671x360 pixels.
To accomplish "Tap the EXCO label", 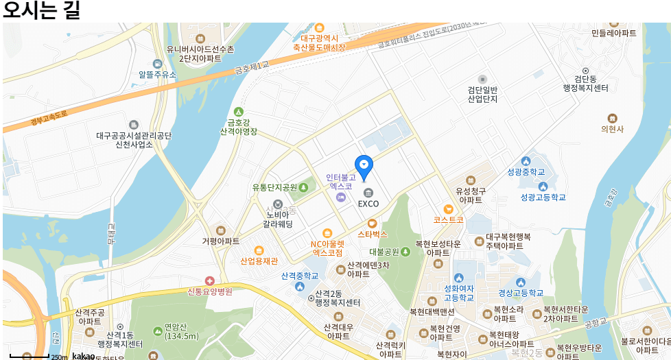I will tap(368, 204).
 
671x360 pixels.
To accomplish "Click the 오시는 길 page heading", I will tap(42, 10).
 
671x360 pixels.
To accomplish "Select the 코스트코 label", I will tap(448, 219).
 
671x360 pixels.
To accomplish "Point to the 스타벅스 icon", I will tap(373, 223).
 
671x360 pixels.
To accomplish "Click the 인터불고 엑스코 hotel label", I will tap(340, 181).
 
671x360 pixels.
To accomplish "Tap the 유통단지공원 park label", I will tap(274, 187).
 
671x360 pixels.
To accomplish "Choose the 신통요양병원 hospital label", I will tap(210, 291).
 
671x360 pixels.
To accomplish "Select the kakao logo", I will tap(83, 356).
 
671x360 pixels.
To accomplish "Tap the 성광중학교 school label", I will tap(526, 171).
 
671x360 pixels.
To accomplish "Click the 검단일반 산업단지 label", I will tap(482, 94).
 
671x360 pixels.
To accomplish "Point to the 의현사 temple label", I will tap(612, 128).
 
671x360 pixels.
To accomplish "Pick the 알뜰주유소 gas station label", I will tap(157, 74).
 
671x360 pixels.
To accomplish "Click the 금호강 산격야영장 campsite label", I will tap(238, 126).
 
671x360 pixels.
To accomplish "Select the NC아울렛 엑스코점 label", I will tap(327, 248).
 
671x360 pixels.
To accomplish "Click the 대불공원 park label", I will tap(384, 252).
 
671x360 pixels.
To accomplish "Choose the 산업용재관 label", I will tap(259, 261).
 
